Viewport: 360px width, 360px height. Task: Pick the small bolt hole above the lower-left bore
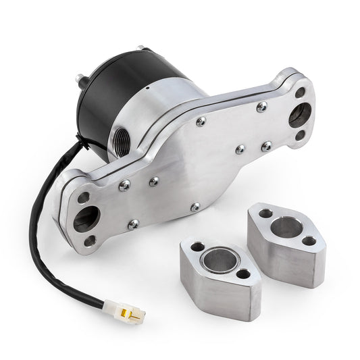[x=84, y=198]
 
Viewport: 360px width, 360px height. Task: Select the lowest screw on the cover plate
[x=195, y=206]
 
